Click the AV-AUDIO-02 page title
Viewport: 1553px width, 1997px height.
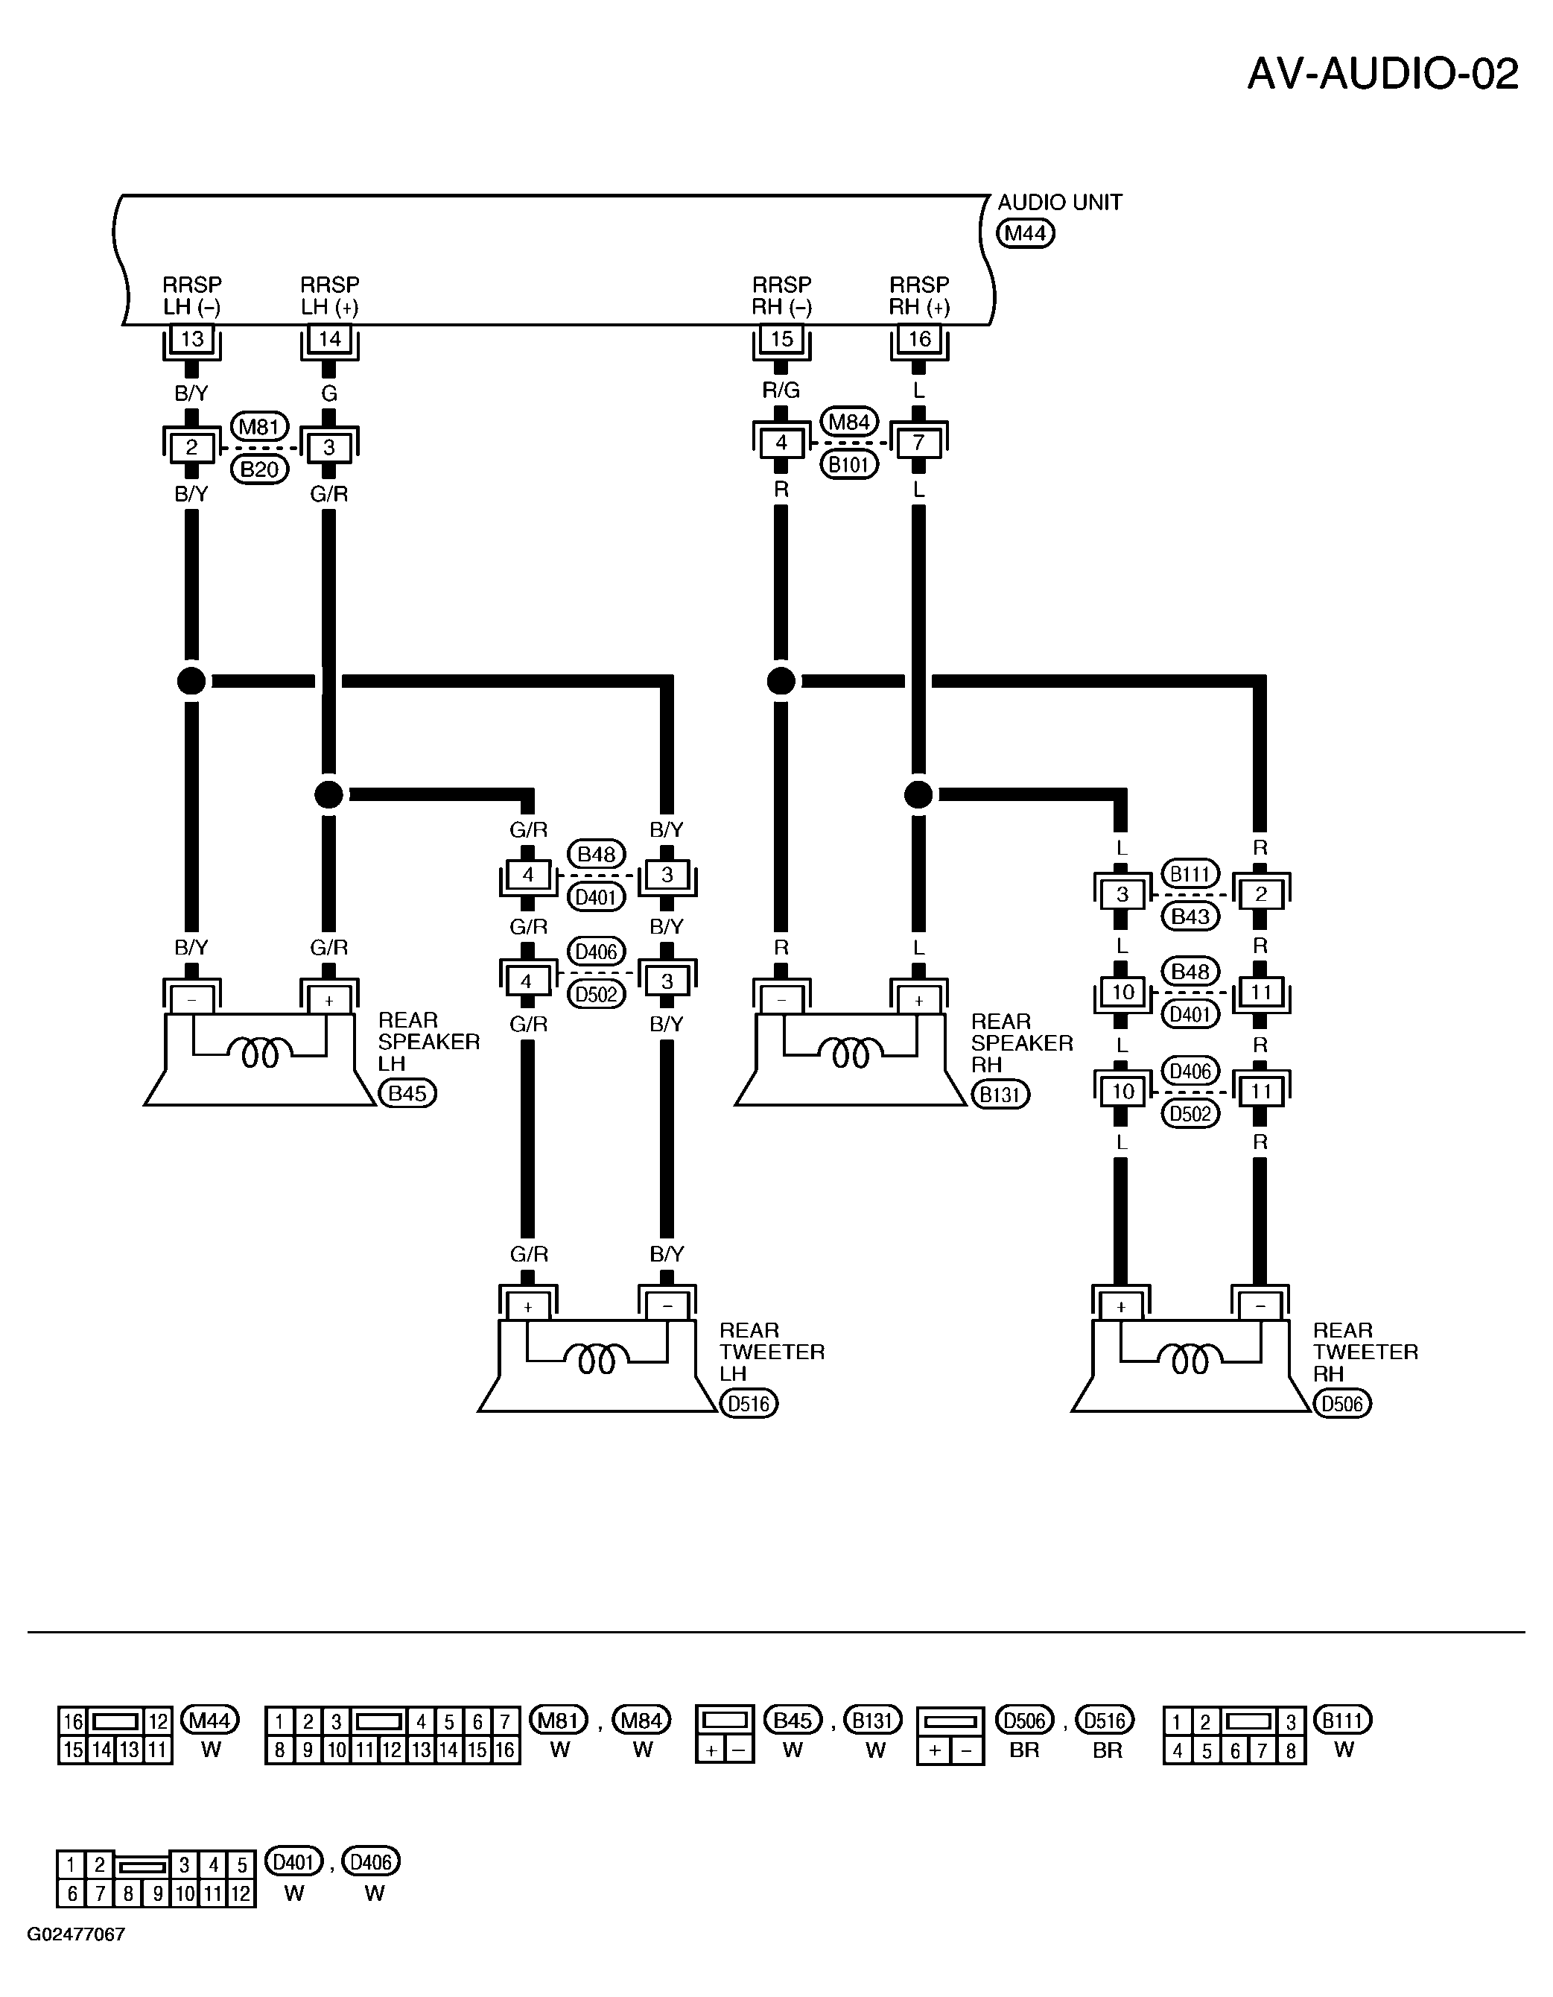[x=1382, y=74]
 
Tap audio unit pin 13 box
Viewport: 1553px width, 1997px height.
[x=192, y=339]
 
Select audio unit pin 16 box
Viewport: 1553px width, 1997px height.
[x=918, y=339]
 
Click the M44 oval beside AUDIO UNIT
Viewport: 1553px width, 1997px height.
[x=1025, y=233]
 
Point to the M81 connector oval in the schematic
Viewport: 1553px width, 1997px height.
[x=260, y=426]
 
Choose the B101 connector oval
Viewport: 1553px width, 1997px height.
[x=849, y=464]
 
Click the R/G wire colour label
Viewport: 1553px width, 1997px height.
[x=781, y=390]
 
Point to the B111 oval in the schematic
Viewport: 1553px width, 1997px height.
[x=1190, y=874]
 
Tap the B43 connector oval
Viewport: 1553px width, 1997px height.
[x=1190, y=917]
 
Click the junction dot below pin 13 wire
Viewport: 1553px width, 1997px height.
[x=192, y=681]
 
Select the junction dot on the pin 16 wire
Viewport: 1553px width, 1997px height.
[x=918, y=794]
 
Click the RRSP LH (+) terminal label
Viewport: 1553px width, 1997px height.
[x=330, y=295]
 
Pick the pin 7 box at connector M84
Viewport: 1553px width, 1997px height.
[x=918, y=443]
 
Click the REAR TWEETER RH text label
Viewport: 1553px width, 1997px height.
[x=1365, y=1352]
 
